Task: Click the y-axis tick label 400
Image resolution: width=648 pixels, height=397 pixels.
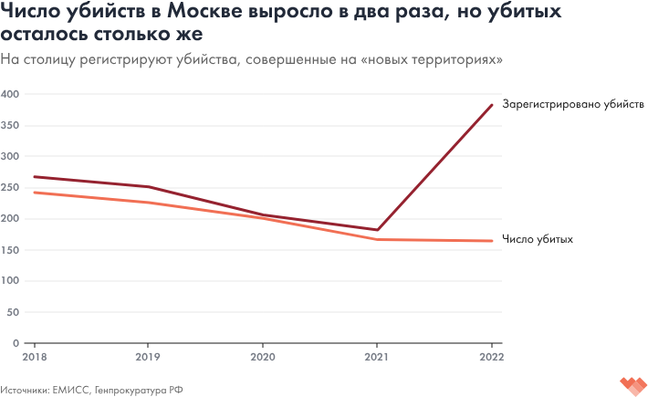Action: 11,94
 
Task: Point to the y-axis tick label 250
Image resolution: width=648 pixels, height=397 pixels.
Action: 11,187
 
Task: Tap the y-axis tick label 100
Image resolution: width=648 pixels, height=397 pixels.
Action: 11,280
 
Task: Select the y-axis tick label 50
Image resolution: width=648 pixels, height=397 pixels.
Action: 14,311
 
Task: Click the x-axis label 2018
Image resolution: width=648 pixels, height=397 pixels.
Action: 35,356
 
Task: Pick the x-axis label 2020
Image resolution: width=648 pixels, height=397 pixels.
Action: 263,356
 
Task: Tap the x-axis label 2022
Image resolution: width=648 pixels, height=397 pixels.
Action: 492,356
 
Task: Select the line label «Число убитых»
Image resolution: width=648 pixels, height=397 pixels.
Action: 538,239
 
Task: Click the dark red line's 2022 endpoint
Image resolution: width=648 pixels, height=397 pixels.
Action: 492,105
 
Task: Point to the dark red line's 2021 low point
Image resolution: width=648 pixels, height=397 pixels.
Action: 377,230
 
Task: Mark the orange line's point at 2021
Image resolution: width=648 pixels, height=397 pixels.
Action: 377,239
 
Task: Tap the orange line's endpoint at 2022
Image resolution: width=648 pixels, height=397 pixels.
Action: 492,241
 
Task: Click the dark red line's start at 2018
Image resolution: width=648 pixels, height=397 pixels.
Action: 35,177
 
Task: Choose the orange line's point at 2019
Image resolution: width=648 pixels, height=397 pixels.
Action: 149,203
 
